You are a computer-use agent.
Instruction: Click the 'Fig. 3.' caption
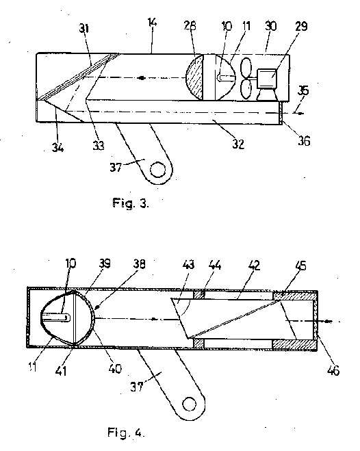point(131,203)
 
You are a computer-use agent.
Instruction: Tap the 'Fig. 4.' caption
point(125,433)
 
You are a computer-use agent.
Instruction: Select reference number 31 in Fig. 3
point(83,29)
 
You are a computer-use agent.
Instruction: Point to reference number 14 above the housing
point(152,23)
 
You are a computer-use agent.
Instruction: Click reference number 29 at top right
point(301,26)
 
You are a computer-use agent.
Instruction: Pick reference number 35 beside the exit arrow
point(303,91)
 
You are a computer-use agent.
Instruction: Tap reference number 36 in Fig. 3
point(304,141)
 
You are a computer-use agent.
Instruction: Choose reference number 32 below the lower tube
point(238,144)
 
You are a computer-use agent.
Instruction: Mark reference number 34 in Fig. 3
point(57,148)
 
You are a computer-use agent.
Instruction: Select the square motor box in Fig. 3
point(267,78)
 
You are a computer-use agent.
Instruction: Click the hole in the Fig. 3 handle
point(157,170)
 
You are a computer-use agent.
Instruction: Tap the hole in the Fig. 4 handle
point(190,404)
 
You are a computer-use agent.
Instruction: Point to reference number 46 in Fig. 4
point(333,370)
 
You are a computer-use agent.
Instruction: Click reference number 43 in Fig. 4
point(188,264)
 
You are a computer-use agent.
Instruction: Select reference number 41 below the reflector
point(61,371)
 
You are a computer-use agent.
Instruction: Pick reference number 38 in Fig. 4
point(139,264)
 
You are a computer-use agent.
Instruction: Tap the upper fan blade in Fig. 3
point(246,67)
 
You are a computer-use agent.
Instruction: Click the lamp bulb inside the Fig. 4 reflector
point(56,318)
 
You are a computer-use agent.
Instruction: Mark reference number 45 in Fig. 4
point(300,266)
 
